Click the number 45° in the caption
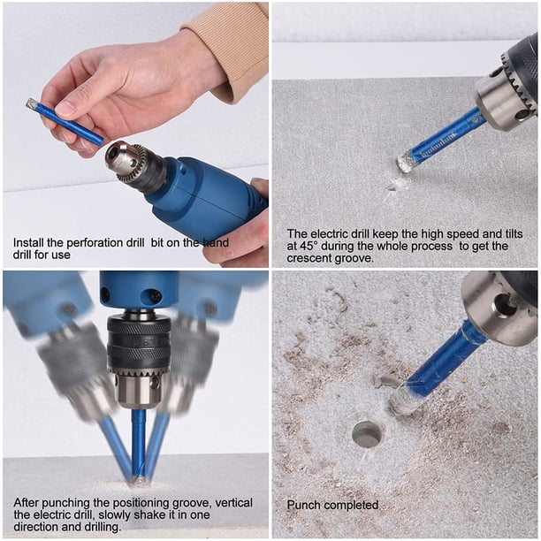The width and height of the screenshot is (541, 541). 308,246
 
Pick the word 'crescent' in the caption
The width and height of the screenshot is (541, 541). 309,258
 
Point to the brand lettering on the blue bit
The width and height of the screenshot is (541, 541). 438,147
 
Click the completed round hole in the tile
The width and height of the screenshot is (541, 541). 368,434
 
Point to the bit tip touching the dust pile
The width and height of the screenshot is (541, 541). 139,482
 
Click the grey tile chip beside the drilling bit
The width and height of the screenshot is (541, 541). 386,382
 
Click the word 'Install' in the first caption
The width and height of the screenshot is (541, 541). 28,242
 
